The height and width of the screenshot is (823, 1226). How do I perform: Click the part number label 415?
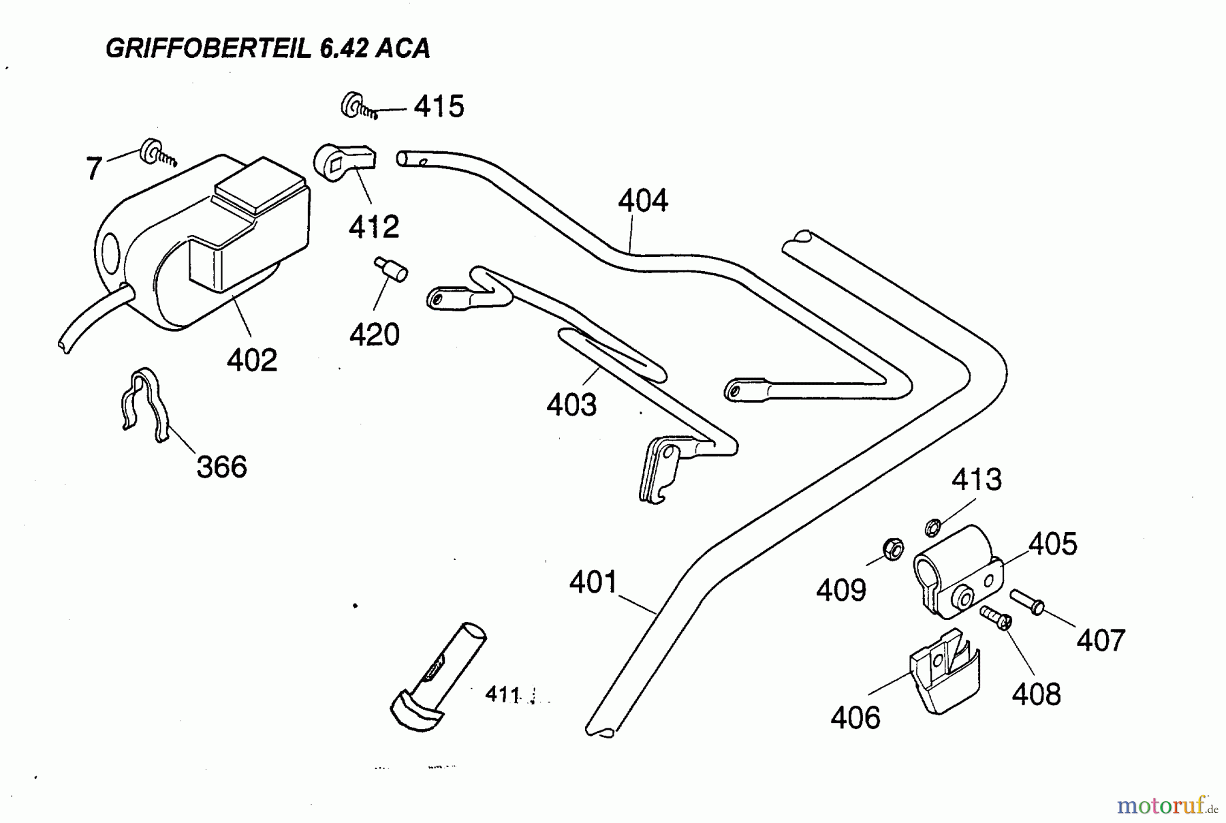(439, 107)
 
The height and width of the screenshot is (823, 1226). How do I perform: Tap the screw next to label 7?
(157, 153)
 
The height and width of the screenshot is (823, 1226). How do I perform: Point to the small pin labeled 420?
(391, 268)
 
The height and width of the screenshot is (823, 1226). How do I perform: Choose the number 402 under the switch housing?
(252, 360)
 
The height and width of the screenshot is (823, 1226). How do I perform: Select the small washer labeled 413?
(933, 527)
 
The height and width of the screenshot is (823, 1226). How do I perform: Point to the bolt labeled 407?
(1027, 602)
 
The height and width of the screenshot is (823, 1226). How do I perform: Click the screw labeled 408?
(996, 617)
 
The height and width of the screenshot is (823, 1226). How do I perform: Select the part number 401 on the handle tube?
(593, 583)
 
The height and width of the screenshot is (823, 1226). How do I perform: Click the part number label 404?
(643, 201)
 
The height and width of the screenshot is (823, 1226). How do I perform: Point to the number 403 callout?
(571, 405)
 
